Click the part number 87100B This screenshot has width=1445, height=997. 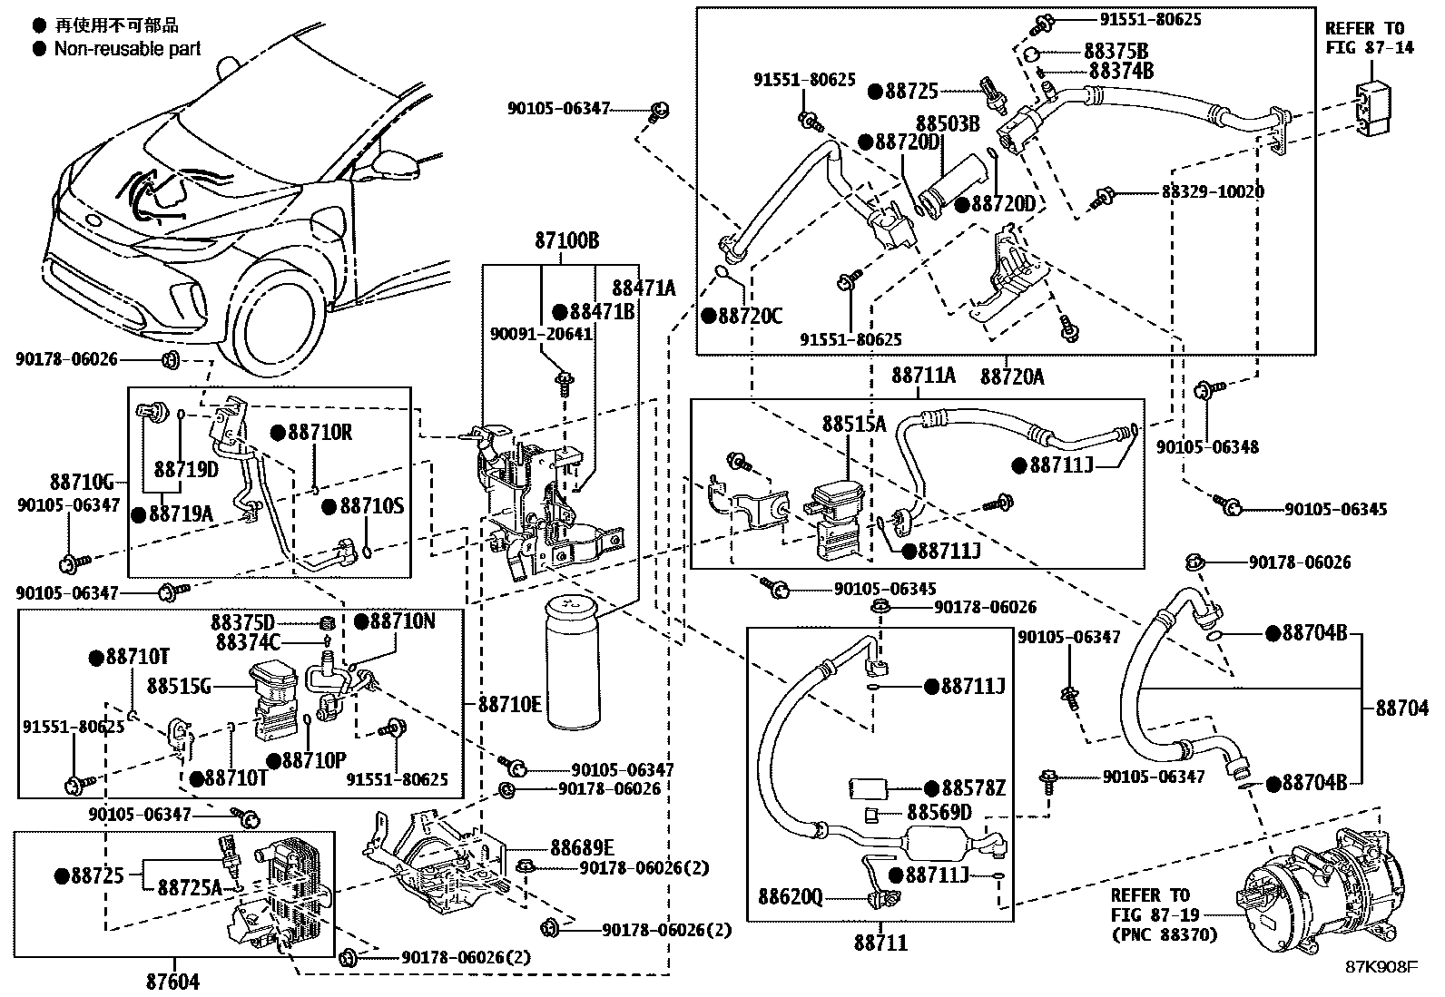pos(566,242)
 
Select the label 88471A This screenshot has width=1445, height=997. pos(644,288)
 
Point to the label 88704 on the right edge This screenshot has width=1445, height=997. pos(1401,708)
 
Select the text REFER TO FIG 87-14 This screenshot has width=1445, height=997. pos(1370,38)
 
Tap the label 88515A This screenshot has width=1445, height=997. pos(854,424)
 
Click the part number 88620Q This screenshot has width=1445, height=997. pos(791,898)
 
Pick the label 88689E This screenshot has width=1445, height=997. pos(582,847)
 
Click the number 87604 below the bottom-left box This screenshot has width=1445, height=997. pos(172,981)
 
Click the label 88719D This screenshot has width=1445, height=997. pos(186,469)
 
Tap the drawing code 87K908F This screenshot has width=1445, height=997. pos(1381,967)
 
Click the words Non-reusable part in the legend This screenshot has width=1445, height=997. pos(127,49)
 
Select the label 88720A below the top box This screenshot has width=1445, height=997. pos(1012,376)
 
